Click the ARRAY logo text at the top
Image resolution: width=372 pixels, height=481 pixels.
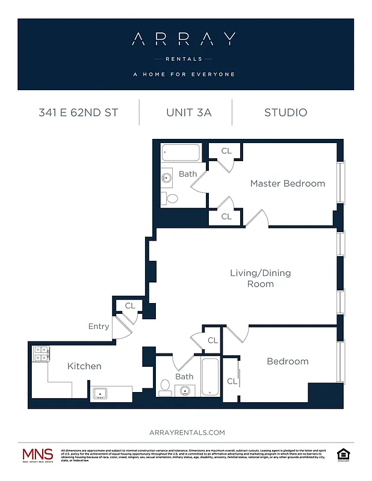click(x=185, y=40)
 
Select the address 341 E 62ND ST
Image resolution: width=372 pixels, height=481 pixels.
click(x=78, y=112)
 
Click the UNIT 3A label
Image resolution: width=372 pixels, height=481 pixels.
click(x=189, y=112)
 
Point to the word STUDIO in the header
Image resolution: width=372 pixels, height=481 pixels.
click(x=285, y=112)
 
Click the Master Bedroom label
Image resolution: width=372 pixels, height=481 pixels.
click(x=287, y=183)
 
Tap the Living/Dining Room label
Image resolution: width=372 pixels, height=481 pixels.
click(x=260, y=278)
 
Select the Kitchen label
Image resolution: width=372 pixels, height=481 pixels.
click(x=84, y=366)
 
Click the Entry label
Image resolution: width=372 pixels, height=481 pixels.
click(x=99, y=326)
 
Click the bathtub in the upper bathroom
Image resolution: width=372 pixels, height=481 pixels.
click(x=181, y=153)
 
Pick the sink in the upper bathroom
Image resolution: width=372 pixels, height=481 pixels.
click(x=166, y=178)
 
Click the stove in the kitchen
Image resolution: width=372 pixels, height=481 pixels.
click(x=41, y=354)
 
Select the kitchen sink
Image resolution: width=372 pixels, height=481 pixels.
click(x=99, y=394)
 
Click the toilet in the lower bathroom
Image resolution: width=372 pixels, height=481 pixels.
click(x=165, y=388)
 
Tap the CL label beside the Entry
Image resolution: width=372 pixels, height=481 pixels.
click(x=130, y=306)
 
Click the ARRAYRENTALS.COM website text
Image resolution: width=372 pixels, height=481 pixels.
click(x=186, y=432)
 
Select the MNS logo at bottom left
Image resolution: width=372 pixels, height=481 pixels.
click(x=37, y=456)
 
